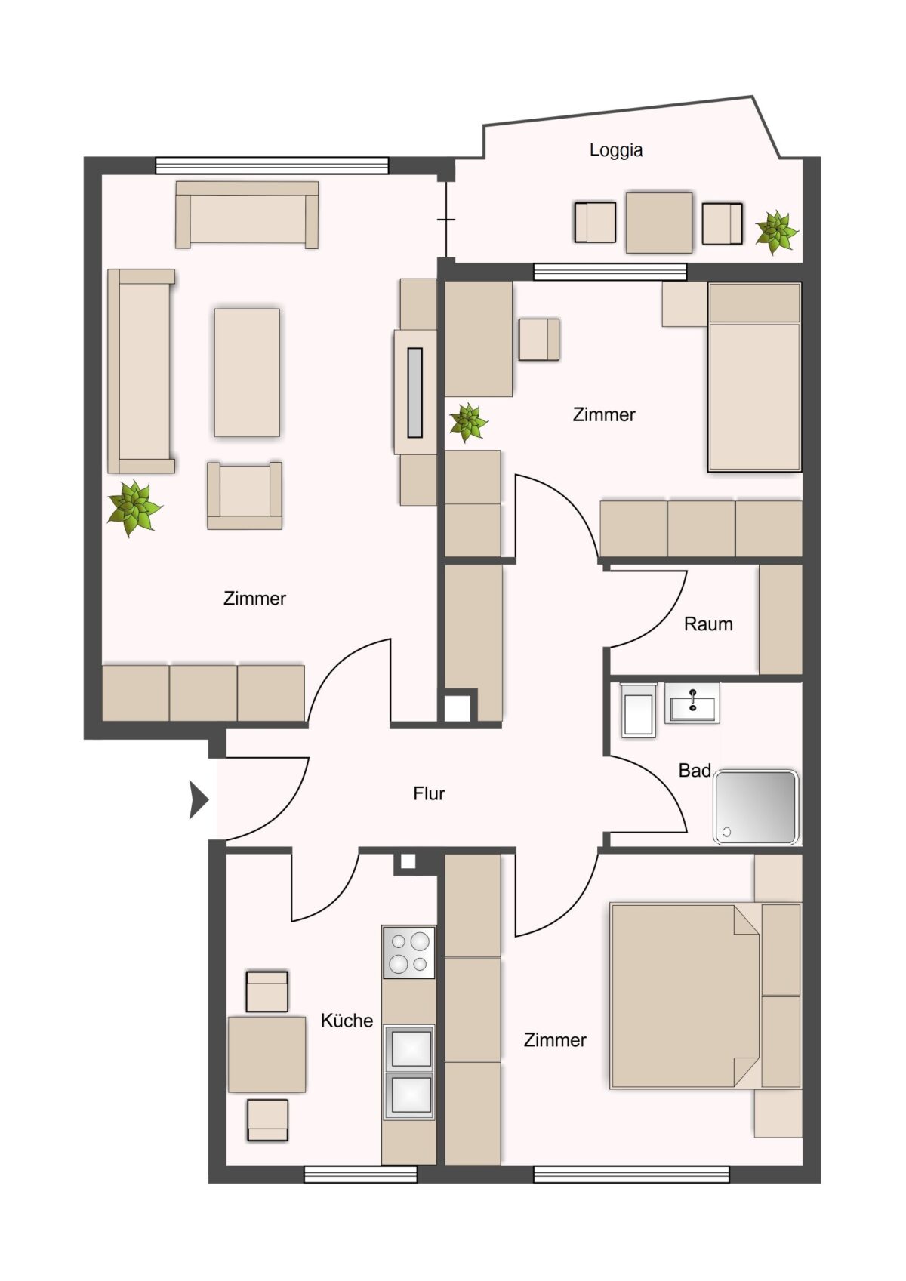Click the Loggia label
pyautogui.click(x=616, y=149)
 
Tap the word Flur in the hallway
pyautogui.click(x=429, y=793)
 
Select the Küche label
pyautogui.click(x=347, y=1021)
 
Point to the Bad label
pyautogui.click(x=695, y=770)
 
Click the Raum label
pyautogui.click(x=708, y=624)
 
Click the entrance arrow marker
pyautogui.click(x=199, y=800)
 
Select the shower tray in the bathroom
pyautogui.click(x=755, y=808)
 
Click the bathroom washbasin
pyautogui.click(x=692, y=703)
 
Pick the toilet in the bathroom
pyautogui.click(x=638, y=710)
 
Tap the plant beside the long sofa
pyautogui.click(x=134, y=508)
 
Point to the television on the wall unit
pyautogui.click(x=414, y=392)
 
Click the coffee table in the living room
pyautogui.click(x=247, y=372)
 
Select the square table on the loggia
pyautogui.click(x=659, y=223)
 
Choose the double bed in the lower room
pyautogui.click(x=684, y=996)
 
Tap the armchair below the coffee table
pyautogui.click(x=245, y=495)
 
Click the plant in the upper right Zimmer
pyautogui.click(x=468, y=422)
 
